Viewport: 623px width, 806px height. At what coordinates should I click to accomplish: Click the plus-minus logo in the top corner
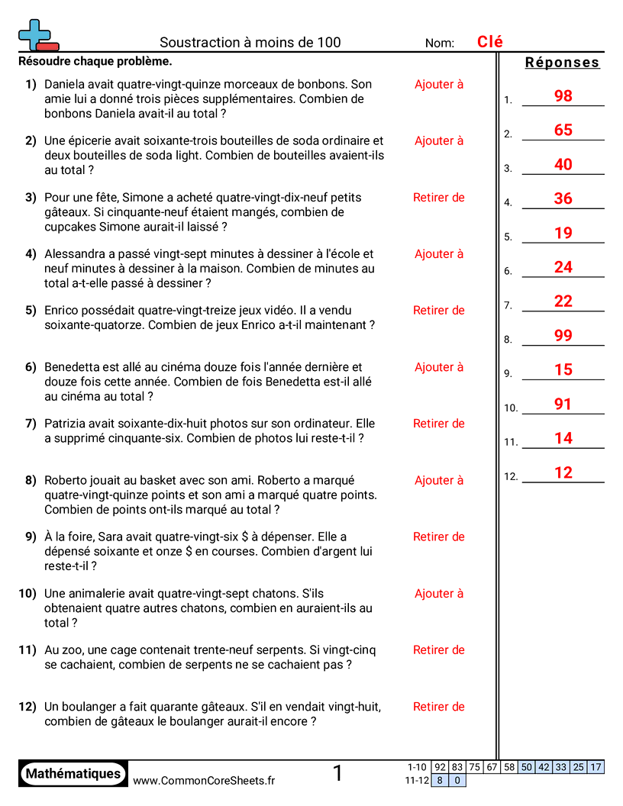[37, 34]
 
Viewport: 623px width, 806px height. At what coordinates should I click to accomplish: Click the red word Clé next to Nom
[490, 42]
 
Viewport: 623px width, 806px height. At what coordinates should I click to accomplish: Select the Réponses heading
[563, 63]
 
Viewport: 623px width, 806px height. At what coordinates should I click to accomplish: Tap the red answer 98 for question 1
[563, 96]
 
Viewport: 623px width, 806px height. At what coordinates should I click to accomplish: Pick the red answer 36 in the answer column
[563, 198]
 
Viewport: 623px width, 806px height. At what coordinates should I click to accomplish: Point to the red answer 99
[563, 335]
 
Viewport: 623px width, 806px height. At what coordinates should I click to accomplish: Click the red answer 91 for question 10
[563, 404]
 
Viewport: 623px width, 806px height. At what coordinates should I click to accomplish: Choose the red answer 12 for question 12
[563, 472]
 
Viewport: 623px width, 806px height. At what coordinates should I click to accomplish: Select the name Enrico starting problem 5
[62, 311]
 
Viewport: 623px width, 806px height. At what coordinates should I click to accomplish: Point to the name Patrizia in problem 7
[66, 424]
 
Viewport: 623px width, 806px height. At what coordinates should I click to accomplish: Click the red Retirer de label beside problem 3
[439, 198]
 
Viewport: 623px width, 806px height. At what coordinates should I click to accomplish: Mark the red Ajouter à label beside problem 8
[439, 480]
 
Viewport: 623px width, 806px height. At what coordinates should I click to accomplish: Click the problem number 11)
[27, 650]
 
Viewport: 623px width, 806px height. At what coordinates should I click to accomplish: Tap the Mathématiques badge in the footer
[73, 773]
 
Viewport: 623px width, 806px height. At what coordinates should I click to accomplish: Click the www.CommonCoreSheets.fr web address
[204, 780]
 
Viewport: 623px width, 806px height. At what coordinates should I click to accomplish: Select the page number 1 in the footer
[338, 773]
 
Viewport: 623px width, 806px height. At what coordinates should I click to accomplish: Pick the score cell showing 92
[440, 767]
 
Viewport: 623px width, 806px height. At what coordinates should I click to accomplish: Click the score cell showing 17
[596, 767]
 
